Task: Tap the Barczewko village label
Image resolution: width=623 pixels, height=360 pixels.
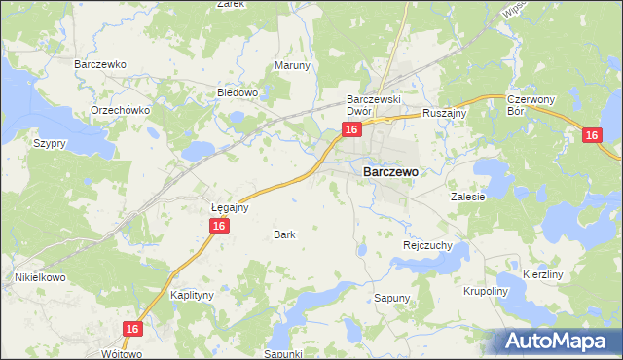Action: click(101, 64)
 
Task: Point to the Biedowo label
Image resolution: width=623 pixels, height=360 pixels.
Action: click(237, 93)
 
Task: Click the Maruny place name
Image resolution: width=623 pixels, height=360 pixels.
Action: click(292, 66)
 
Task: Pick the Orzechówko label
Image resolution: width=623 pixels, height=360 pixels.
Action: click(120, 110)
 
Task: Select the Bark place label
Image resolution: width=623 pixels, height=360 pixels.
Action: click(284, 234)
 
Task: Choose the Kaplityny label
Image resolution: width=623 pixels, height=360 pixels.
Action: click(192, 294)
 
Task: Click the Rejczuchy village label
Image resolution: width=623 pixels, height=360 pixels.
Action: click(427, 246)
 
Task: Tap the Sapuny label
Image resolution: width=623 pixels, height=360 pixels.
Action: click(393, 298)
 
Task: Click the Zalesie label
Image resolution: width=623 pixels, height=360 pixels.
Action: click(467, 196)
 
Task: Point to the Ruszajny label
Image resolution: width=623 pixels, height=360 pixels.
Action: click(446, 113)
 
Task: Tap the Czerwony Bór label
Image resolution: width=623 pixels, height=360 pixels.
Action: click(530, 105)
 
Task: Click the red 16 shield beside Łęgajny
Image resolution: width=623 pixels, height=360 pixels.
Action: click(220, 226)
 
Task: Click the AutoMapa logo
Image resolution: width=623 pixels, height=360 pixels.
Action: click(558, 341)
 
